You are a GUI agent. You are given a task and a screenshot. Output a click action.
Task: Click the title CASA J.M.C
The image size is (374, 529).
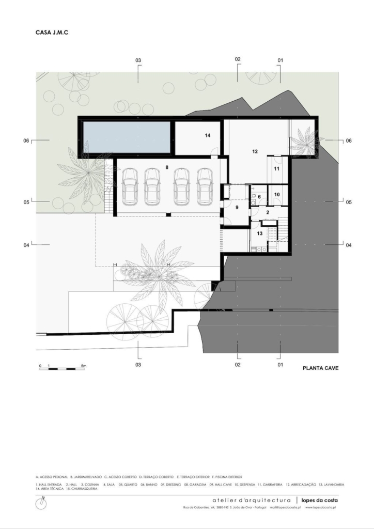52,32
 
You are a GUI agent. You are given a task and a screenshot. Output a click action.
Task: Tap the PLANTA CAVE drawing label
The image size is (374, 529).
320,369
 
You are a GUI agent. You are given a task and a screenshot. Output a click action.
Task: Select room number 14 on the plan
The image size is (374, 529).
208,135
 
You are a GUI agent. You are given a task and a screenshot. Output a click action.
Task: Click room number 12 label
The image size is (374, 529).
255,152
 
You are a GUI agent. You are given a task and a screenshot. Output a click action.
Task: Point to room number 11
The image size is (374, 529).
276,168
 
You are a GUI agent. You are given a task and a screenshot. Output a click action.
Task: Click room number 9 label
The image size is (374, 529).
237,207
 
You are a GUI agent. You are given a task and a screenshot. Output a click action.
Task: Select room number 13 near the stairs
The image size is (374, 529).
260,234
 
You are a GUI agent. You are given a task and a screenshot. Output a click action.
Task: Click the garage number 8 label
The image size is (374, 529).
167,167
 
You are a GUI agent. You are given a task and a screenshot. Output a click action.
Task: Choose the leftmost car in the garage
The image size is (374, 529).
130,186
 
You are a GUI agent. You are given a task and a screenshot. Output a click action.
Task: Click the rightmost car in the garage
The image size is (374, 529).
205,186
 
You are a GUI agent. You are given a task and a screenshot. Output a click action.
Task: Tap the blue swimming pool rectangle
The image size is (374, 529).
127,136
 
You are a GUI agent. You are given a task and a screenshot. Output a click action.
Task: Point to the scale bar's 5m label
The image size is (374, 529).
84,366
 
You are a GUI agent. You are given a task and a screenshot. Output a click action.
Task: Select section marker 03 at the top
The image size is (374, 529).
138,60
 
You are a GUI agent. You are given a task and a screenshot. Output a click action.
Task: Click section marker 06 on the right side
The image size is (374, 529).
348,141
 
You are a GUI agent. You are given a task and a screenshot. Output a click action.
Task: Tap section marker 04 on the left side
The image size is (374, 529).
26,245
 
